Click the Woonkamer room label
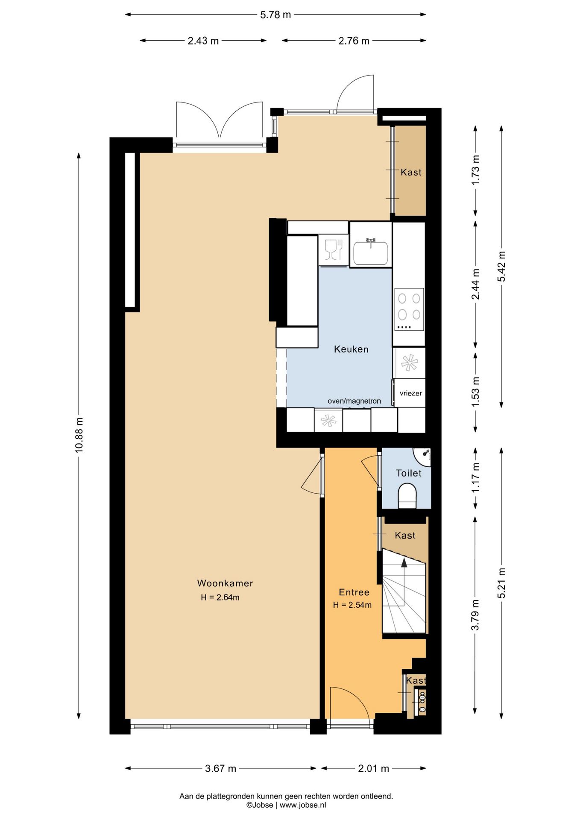[225, 583]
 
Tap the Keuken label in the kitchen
[351, 349]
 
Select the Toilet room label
[409, 473]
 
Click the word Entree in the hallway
[354, 592]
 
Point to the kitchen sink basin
[371, 253]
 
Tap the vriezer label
[411, 393]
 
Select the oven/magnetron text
[354, 401]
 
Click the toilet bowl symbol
[407, 496]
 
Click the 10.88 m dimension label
[79, 435]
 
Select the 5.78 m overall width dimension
[275, 15]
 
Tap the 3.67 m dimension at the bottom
[220, 769]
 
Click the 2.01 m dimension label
[374, 769]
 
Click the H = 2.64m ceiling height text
[220, 597]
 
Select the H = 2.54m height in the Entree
[352, 605]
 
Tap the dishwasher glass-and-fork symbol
[334, 250]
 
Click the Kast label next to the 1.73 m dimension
[411, 173]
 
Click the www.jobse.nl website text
[303, 805]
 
